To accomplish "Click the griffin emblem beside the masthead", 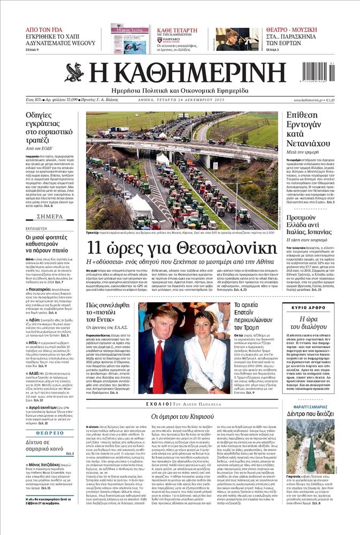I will pos(73,73).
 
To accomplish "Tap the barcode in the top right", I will pos(318,72).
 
